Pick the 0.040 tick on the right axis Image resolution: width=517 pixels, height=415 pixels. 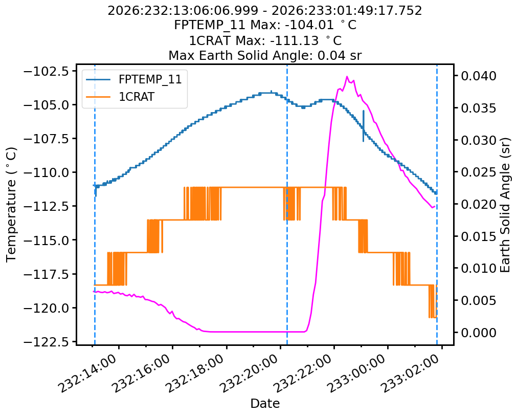(479, 76)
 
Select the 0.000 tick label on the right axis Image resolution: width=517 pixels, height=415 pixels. (479, 332)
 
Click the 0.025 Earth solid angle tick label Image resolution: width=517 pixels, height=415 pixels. (479, 172)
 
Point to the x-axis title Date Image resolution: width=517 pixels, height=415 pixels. (265, 403)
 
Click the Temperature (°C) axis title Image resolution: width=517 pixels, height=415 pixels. (11, 205)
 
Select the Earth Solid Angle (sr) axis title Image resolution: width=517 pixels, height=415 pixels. (505, 205)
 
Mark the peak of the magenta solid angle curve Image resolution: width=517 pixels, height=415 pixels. (347, 77)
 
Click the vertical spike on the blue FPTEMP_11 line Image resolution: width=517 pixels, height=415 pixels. (364, 126)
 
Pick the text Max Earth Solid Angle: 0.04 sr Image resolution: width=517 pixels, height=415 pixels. (265, 55)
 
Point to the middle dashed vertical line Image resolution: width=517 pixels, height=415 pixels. (287, 205)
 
